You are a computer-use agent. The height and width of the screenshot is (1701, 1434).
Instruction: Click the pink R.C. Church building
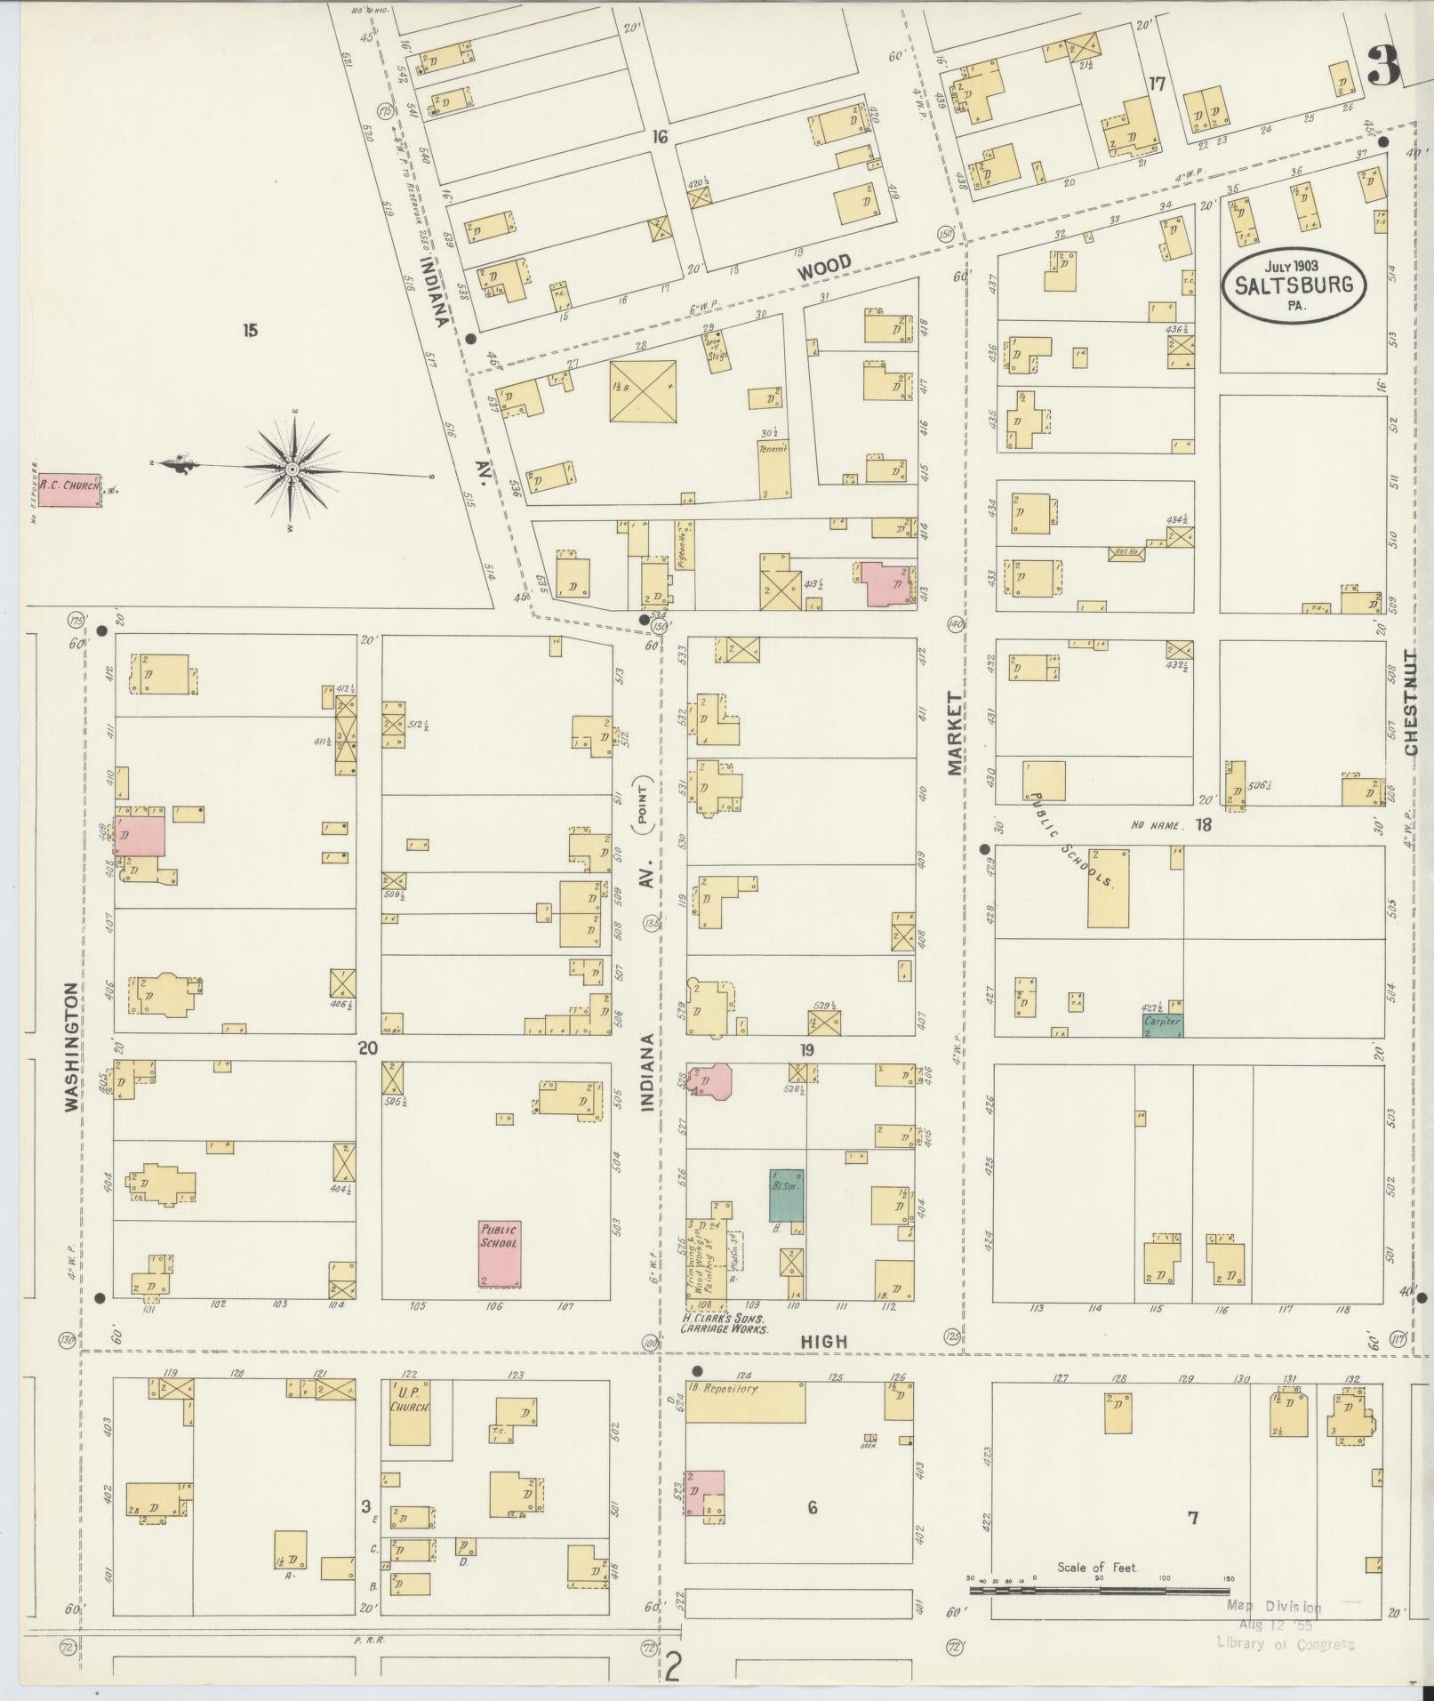click(69, 490)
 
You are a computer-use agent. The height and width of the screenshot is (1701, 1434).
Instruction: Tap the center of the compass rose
click(292, 468)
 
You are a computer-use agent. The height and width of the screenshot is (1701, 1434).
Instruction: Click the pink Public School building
click(499, 1252)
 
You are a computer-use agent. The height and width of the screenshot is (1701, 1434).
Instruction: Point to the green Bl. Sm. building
click(787, 1195)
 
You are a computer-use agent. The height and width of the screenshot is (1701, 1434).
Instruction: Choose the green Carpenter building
click(1162, 1024)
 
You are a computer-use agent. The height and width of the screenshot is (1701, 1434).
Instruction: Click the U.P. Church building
click(410, 1411)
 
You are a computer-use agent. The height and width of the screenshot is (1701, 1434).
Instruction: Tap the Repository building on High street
click(745, 1401)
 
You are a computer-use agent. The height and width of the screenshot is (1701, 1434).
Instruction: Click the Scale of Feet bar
click(1099, 1586)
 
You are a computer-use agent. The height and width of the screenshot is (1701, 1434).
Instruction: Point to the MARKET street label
click(955, 734)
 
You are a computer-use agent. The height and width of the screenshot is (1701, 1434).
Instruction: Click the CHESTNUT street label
click(1411, 702)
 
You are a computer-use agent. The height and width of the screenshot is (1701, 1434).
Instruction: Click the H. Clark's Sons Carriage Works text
click(725, 1323)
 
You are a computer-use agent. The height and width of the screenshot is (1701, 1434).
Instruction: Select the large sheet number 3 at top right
click(1382, 66)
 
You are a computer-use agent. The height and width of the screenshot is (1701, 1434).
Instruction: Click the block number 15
click(250, 331)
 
